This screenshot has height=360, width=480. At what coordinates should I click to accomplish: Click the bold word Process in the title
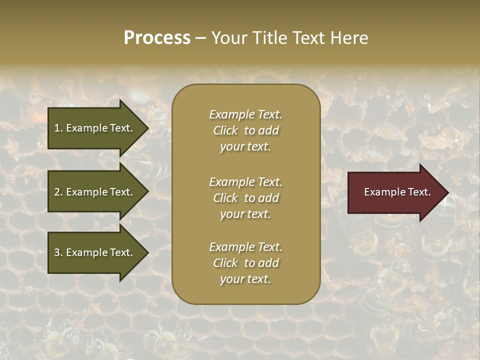(x=157, y=38)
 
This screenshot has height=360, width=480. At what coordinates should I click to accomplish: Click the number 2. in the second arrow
(x=58, y=192)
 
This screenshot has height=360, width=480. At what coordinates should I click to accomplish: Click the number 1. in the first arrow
(x=58, y=128)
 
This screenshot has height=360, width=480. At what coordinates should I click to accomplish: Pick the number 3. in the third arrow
(x=58, y=252)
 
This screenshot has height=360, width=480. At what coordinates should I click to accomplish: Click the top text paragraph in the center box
(x=245, y=130)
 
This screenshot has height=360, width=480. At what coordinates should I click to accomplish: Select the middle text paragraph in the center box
(x=245, y=197)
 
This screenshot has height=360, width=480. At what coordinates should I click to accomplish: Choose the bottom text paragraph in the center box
(x=245, y=263)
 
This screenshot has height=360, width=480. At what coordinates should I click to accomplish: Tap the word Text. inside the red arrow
(x=419, y=192)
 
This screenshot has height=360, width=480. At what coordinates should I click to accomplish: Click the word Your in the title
(x=228, y=38)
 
